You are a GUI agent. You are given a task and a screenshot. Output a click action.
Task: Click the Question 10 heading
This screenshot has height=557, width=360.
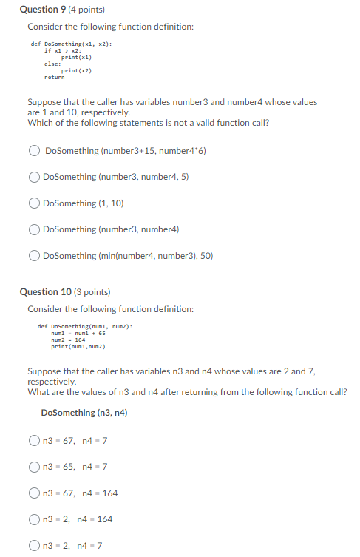tap(52, 292)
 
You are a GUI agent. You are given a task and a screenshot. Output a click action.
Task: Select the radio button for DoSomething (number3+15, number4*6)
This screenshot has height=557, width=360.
tap(35, 151)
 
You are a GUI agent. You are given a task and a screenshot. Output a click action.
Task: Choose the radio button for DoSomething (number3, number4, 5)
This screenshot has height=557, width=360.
tap(35, 177)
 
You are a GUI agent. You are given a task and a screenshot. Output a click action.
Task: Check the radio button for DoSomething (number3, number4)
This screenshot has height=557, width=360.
tap(35, 229)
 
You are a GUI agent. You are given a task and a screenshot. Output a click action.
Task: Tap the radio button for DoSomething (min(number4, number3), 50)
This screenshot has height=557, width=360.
tap(35, 256)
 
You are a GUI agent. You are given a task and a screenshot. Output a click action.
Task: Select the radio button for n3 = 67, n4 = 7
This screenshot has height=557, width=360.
tap(35, 441)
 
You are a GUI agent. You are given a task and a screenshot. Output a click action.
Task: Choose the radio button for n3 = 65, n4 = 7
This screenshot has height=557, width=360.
tap(35, 467)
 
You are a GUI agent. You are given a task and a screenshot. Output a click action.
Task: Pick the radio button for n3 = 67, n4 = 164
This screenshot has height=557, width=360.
tap(35, 493)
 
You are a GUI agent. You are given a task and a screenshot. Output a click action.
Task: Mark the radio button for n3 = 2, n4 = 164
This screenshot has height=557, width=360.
tap(35, 519)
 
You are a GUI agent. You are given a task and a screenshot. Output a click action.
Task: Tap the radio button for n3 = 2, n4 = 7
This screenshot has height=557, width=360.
tap(35, 546)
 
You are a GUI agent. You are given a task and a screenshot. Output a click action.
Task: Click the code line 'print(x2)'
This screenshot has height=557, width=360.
tap(76, 70)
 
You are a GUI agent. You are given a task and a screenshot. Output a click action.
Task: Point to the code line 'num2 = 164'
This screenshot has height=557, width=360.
tap(67, 340)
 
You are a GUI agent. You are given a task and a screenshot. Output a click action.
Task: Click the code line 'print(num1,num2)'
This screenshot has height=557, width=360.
tap(78, 346)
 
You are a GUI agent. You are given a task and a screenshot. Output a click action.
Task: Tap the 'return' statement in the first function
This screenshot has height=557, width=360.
tap(54, 77)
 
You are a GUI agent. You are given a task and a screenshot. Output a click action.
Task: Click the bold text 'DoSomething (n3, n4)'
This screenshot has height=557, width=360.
tap(84, 413)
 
